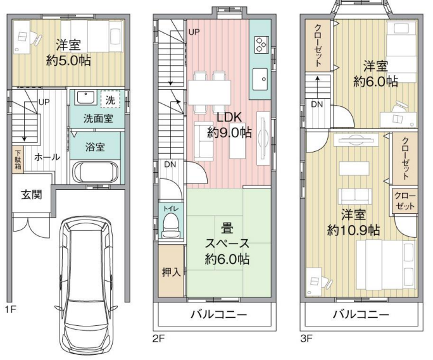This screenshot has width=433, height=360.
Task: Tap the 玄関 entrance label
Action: pyautogui.click(x=32, y=195)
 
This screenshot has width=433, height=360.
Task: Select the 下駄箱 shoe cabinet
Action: pyautogui.click(x=18, y=159)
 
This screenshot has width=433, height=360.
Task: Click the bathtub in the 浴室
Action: pyautogui.click(x=96, y=172)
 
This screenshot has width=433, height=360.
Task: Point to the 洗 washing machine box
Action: pyautogui.click(x=110, y=99)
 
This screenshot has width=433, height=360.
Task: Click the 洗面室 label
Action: pyautogui.click(x=98, y=118)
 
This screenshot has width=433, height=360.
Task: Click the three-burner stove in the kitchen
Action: pyautogui.click(x=261, y=44)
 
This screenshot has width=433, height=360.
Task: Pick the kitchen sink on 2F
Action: pyautogui.click(x=260, y=79)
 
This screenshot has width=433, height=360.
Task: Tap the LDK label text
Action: pyautogui.click(x=229, y=117)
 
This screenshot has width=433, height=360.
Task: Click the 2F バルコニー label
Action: pyautogui.click(x=218, y=314)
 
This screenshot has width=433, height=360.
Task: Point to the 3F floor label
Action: pyautogui.click(x=306, y=338)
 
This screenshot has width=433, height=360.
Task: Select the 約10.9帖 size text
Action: pyautogui.click(x=353, y=230)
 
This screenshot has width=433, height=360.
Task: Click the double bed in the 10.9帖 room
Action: pyautogui.click(x=386, y=264)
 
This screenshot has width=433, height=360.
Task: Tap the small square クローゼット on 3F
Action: pyautogui.click(x=405, y=201)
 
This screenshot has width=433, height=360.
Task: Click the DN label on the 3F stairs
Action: pyautogui.click(x=317, y=104)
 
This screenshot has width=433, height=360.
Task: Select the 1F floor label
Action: pyautogui.click(x=11, y=310)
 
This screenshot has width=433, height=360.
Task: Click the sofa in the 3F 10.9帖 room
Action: pyautogui.click(x=355, y=196)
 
